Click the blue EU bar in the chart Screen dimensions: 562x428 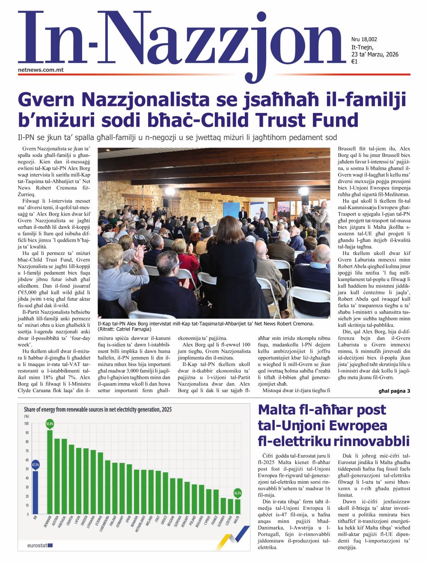point(36,492)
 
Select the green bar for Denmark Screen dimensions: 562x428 point(50,473)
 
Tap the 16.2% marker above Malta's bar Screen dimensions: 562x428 point(237,493)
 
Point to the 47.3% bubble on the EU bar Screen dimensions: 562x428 point(36,464)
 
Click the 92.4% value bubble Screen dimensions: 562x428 point(50,424)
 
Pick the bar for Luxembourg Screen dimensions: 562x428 point(107,488)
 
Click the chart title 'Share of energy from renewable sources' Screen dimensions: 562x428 point(98,409)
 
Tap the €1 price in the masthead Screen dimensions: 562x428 point(354,62)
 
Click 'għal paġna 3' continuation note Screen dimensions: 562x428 point(394,391)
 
